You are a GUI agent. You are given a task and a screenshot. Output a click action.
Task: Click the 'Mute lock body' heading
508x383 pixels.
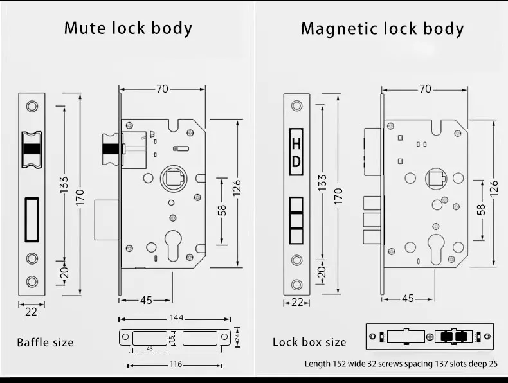[x=129, y=28]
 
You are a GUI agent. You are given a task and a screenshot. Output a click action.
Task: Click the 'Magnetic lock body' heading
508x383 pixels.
[x=383, y=28]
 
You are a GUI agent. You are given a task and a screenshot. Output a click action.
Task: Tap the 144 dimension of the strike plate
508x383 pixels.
[x=177, y=317]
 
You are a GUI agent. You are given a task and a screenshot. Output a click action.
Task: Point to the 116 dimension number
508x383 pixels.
[x=176, y=364]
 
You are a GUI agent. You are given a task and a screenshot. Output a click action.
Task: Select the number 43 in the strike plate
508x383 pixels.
[x=149, y=349]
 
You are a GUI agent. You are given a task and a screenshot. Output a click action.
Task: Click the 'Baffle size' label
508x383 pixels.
[x=45, y=343]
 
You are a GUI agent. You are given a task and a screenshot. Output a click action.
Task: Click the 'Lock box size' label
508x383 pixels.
[x=309, y=343]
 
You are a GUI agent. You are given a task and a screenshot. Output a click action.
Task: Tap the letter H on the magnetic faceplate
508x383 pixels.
[x=296, y=143]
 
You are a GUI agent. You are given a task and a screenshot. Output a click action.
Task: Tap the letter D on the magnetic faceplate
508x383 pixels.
[x=296, y=162]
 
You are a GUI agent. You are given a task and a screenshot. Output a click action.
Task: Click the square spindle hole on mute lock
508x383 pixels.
[x=174, y=179]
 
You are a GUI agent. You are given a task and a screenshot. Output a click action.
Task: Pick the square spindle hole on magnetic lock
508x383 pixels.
[x=436, y=179]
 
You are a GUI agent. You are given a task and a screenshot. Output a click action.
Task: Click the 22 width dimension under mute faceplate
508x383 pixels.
[x=31, y=312]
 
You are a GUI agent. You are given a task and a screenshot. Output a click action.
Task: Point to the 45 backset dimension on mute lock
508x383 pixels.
[x=146, y=301]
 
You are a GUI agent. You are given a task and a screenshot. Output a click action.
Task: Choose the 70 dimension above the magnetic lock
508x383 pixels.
[x=425, y=89]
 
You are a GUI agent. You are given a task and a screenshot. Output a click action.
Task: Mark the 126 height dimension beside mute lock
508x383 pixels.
[x=237, y=188]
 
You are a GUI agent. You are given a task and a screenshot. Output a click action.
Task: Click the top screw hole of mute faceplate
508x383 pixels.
[x=32, y=106]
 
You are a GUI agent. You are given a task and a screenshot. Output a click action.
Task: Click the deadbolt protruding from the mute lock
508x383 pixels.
[x=107, y=220]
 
